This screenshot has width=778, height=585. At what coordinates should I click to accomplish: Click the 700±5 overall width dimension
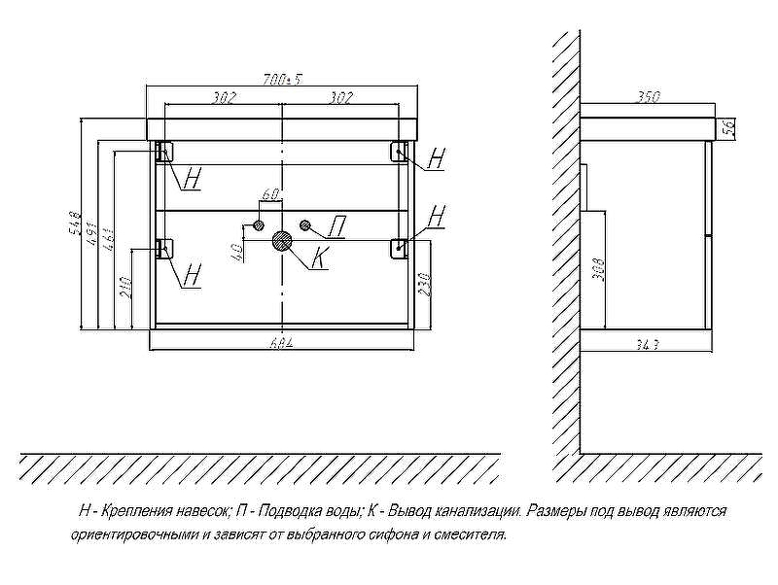point(283,80)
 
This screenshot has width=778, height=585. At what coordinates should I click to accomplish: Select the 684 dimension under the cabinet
point(282,341)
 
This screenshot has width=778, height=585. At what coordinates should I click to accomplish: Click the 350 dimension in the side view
point(648,97)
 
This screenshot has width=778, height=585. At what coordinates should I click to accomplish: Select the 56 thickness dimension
point(727,127)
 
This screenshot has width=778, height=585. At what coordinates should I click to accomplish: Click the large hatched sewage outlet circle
point(284,241)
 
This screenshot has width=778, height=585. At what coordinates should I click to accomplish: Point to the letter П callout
point(336,228)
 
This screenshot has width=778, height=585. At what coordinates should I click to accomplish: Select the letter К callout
point(320,259)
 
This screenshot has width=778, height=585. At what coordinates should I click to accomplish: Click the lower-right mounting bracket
point(400,248)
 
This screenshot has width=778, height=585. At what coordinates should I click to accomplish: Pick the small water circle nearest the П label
point(305,225)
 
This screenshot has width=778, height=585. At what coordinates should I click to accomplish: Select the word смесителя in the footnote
point(473,534)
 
